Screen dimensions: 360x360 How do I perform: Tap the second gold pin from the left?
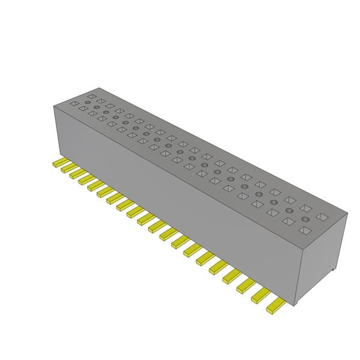[x=68, y=169]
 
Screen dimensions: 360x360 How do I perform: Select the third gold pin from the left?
[x=77, y=174]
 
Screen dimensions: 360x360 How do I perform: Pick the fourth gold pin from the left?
[x=85, y=179]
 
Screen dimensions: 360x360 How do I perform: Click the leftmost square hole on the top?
[x=74, y=103]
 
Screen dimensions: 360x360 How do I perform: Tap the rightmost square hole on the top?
[x=322, y=217]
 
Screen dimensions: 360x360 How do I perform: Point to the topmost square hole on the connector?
[x=91, y=95]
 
